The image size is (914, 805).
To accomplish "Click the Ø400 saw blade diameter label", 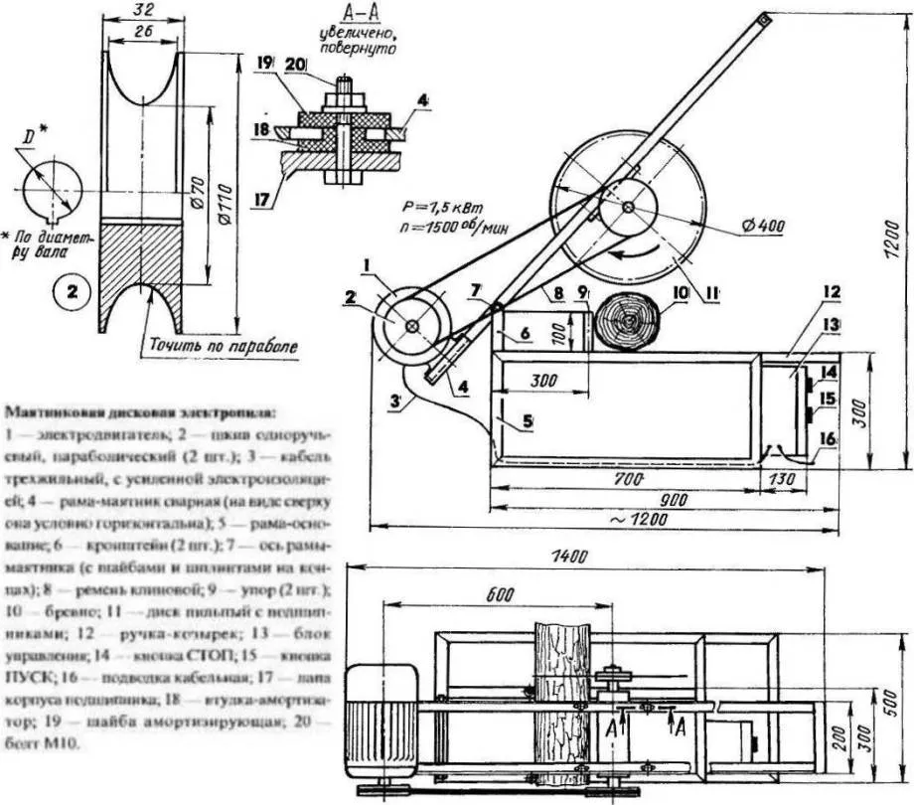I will click(763, 227).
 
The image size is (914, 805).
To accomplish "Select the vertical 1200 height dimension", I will click(894, 239).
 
